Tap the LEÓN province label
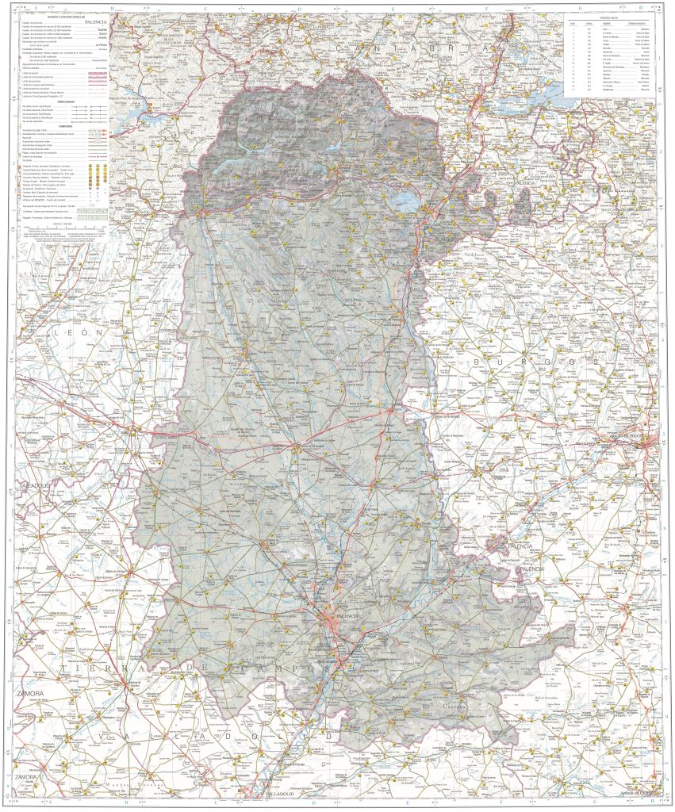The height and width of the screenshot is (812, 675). pos(79,334)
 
